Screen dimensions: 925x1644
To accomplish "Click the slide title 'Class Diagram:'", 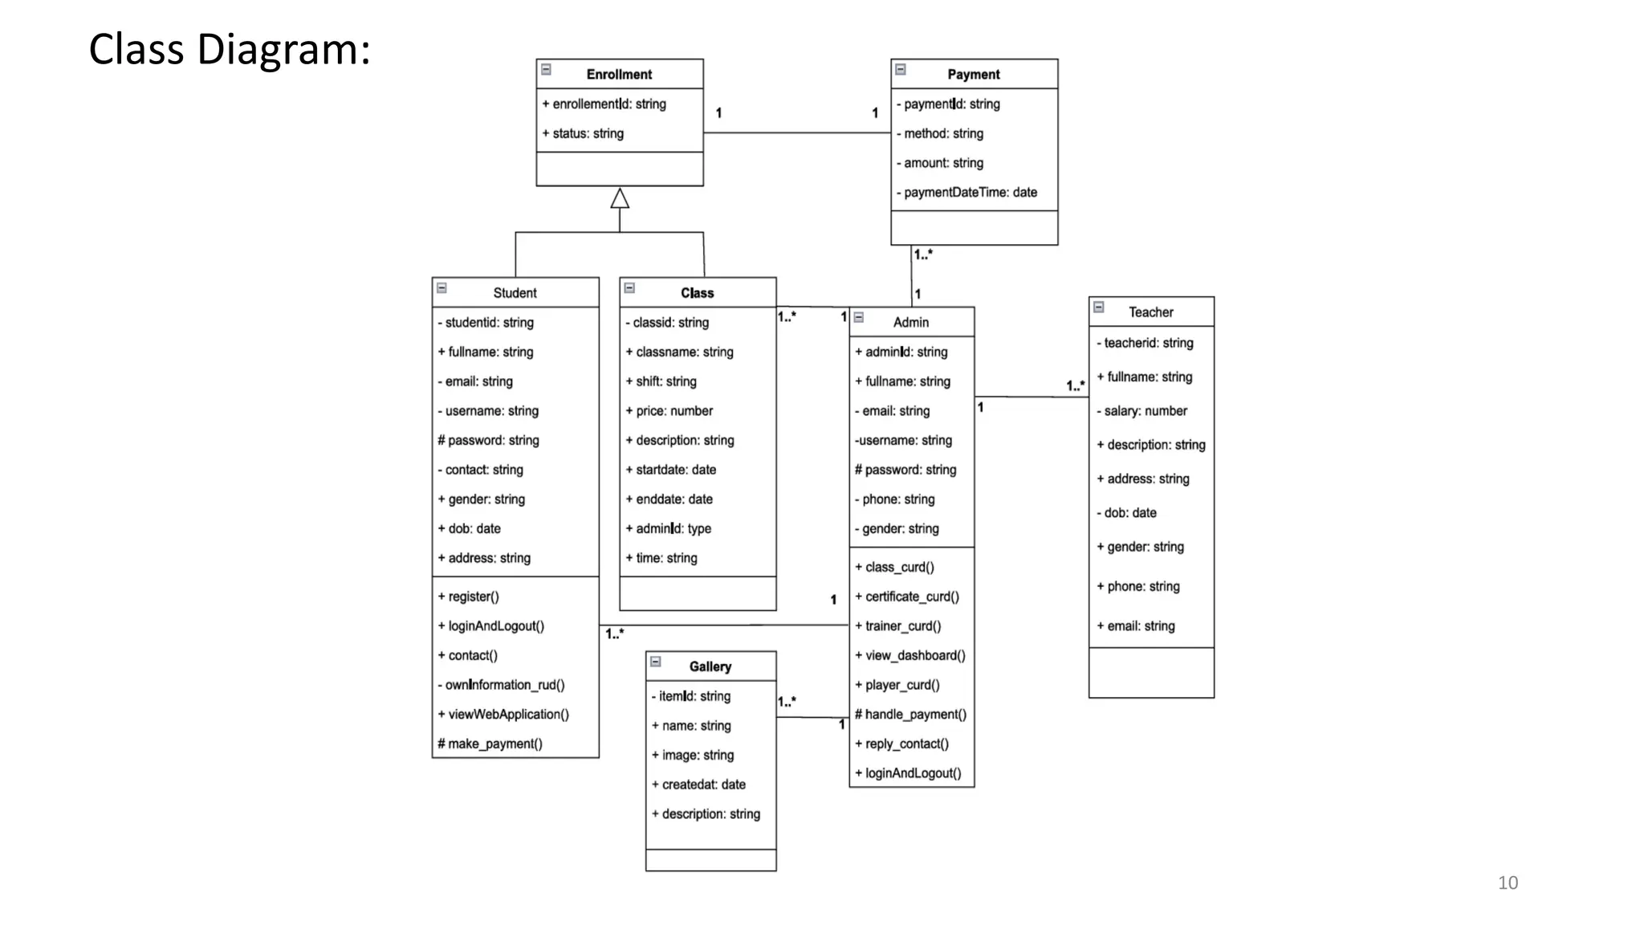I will click(230, 50).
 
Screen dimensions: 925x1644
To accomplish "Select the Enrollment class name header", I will click(619, 74).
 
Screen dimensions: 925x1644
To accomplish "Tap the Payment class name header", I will click(973, 74).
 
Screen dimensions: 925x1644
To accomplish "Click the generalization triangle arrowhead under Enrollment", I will click(620, 198).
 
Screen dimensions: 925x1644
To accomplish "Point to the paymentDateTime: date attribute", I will click(970, 193).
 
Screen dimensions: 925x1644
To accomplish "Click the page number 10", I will click(1508, 883).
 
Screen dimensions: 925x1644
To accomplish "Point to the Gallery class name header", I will click(710, 666).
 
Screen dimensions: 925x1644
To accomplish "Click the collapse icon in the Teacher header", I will click(1099, 308).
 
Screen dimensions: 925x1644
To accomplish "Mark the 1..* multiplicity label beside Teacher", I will click(1075, 386).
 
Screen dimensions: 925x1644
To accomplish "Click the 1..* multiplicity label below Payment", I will click(923, 255).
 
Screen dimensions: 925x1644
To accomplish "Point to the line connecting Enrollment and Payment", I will click(796, 132).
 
